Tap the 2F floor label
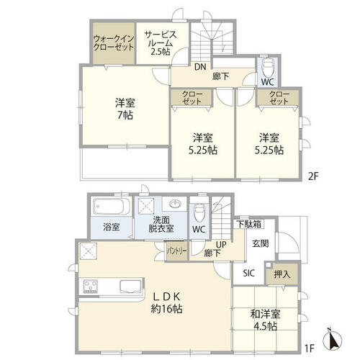click(312, 176)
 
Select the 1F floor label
click(310, 348)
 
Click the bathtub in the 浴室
click(112, 206)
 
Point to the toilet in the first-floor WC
click(199, 212)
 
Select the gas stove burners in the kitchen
click(90, 287)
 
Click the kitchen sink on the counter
click(130, 286)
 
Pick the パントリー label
click(177, 251)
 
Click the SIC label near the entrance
click(248, 273)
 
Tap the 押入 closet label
click(282, 274)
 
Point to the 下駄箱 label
click(249, 224)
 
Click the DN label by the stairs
click(200, 67)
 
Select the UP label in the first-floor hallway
click(221, 245)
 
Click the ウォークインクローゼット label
click(113, 42)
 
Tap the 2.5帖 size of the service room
click(161, 52)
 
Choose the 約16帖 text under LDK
click(166, 309)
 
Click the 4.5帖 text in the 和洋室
click(265, 327)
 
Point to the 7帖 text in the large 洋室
click(125, 116)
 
